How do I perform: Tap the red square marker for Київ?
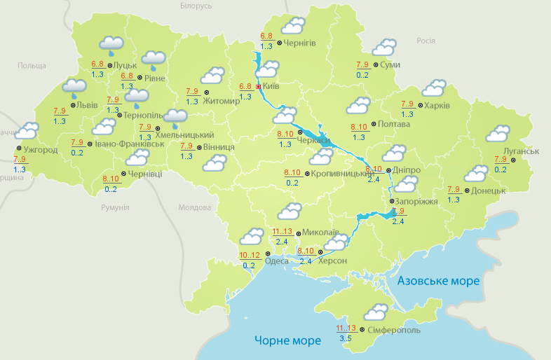259,87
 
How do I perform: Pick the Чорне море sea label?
287,340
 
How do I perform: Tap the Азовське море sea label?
439,281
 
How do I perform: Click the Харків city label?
437,106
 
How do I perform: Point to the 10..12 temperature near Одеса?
250,255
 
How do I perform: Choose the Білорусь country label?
196,6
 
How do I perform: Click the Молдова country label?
195,207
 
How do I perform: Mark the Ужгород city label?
40,150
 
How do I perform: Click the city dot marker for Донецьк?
468,190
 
